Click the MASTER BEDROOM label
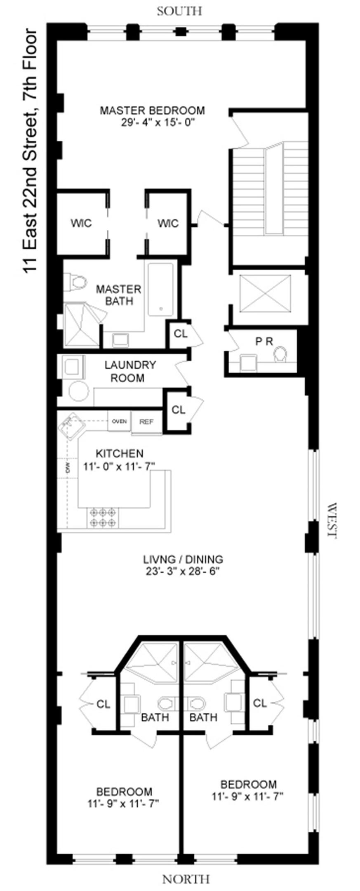[x=153, y=111]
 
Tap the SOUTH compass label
[x=180, y=11]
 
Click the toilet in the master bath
[x=77, y=283]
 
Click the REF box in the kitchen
[x=146, y=422]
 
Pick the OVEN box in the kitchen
[x=119, y=422]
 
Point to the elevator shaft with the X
[x=265, y=294]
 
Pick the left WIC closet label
[x=81, y=223]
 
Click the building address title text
[x=31, y=151]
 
